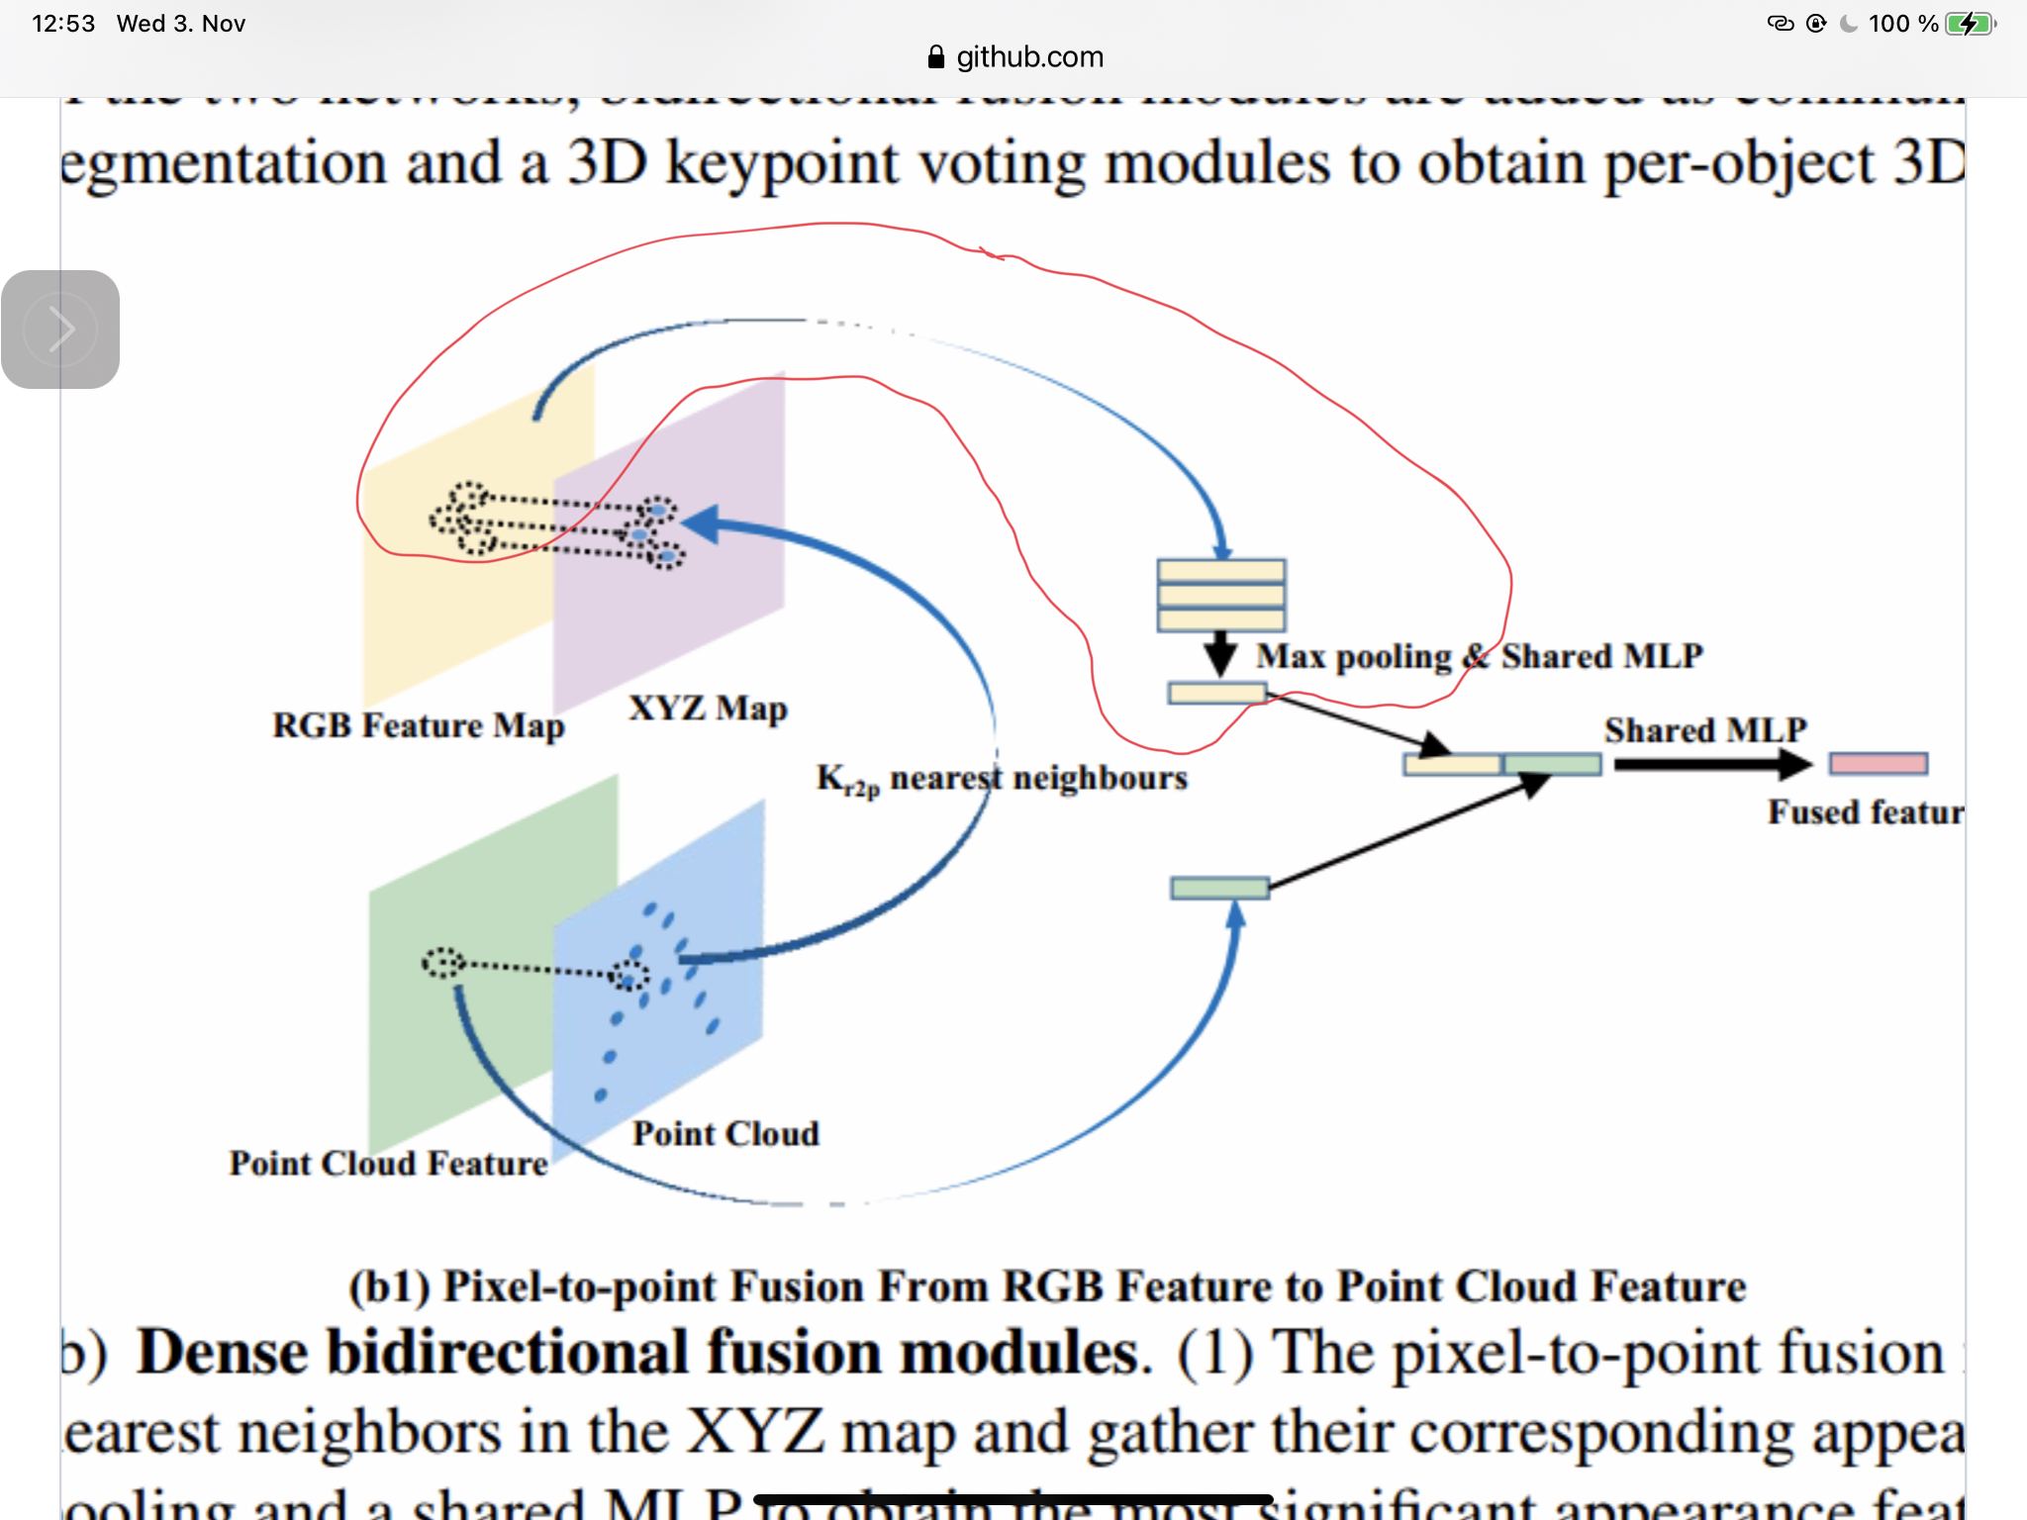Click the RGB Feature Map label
click(x=418, y=725)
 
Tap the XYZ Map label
click(x=708, y=709)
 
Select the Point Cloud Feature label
click(x=388, y=1163)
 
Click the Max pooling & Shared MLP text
click(x=1480, y=656)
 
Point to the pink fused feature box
click(x=1878, y=763)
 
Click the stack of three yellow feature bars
click(x=1221, y=595)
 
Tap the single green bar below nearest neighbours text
click(x=1219, y=888)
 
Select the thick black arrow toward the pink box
click(x=1712, y=764)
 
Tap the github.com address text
click(x=1029, y=57)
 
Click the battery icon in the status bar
click(x=1970, y=24)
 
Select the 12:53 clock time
click(x=63, y=24)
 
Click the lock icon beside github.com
click(x=935, y=57)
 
